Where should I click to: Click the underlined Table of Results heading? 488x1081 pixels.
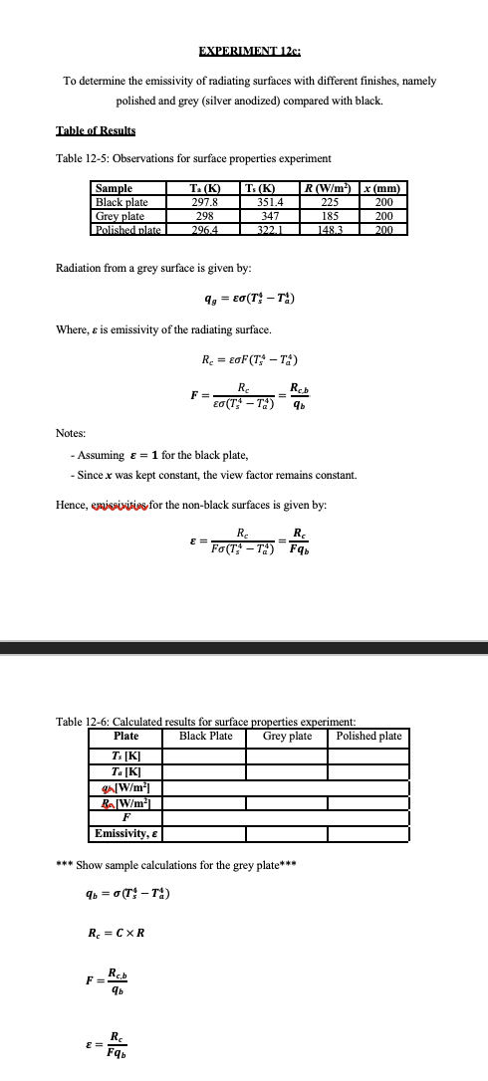(96, 131)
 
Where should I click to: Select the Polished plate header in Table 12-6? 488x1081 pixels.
(369, 736)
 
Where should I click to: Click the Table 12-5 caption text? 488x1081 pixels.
(192, 159)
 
